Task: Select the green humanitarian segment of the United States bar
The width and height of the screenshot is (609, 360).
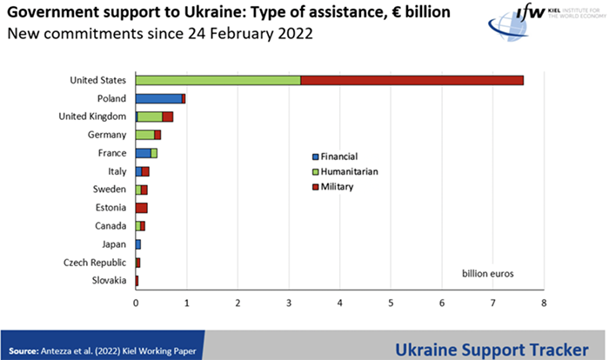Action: [x=217, y=81]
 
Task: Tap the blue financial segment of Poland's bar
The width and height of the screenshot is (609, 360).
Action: [x=158, y=98]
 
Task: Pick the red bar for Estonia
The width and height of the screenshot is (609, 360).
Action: [x=142, y=208]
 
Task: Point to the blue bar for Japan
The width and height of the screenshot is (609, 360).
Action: [x=138, y=244]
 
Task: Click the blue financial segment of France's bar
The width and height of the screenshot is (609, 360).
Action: [x=144, y=153]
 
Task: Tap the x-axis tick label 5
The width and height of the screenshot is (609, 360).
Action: [x=391, y=303]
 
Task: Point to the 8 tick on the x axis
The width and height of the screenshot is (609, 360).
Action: [x=544, y=303]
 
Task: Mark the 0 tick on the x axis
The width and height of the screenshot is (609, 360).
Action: [x=136, y=303]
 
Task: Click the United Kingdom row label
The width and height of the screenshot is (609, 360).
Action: [x=93, y=117]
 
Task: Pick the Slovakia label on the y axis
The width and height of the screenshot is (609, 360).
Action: [x=109, y=280]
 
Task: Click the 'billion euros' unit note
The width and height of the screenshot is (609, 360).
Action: [x=488, y=273]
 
